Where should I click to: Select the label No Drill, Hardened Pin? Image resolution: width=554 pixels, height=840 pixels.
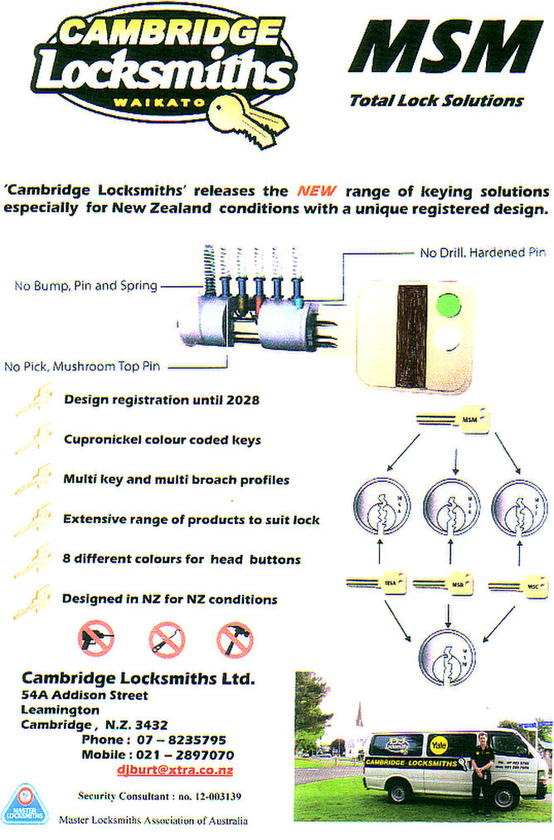click(482, 252)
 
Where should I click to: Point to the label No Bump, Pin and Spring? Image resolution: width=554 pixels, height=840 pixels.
click(85, 287)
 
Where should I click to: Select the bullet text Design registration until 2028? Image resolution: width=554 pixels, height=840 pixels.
click(162, 400)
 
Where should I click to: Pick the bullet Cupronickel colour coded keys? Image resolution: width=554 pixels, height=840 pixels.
click(162, 439)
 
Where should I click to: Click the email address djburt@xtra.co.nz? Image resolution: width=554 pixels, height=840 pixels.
click(174, 770)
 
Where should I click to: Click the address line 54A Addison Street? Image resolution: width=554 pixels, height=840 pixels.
click(85, 695)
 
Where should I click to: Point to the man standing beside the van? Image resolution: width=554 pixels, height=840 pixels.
click(482, 771)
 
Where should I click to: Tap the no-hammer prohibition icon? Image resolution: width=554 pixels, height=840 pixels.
click(235, 639)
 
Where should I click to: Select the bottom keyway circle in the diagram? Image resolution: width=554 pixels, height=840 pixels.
click(447, 656)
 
